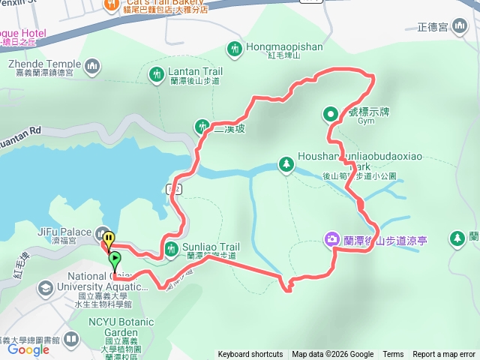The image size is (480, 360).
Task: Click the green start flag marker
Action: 114,260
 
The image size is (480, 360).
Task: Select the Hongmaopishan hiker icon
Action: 235,49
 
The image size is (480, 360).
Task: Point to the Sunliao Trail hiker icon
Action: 172,250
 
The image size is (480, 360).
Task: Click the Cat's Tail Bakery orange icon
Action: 109,4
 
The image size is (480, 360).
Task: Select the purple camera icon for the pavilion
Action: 331,239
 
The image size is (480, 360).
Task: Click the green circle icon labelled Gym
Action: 330,114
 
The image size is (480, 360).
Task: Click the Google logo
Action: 28,349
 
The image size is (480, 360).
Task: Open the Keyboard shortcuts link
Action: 250,355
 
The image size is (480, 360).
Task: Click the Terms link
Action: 393,355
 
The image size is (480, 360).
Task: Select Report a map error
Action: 444,355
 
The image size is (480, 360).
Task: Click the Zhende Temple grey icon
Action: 93,67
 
